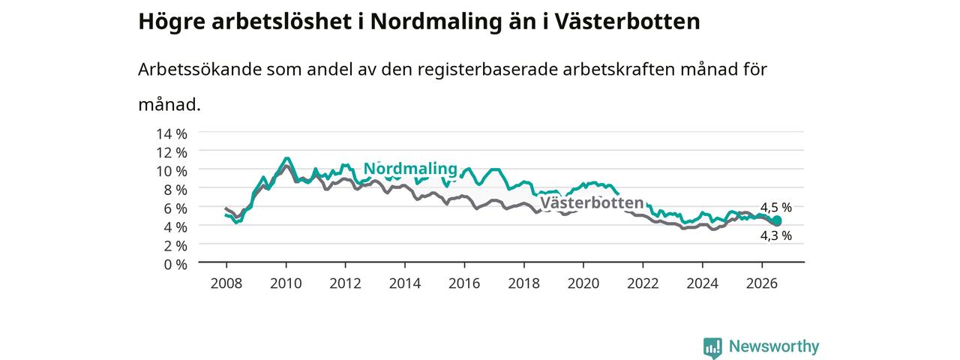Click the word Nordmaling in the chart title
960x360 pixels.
click(436, 21)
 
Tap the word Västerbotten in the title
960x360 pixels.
click(628, 21)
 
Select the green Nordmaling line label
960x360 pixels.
click(410, 169)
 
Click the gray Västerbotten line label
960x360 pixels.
click(592, 202)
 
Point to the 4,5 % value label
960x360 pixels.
click(776, 208)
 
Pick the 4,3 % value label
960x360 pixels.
click(776, 235)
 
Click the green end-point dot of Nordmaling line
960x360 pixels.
click(776, 220)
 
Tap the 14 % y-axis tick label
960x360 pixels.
click(172, 134)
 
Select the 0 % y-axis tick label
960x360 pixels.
click(175, 265)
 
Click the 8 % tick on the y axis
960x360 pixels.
click(175, 190)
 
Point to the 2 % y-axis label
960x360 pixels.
click(175, 246)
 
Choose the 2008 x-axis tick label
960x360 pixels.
click(226, 283)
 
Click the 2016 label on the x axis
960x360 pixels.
click(464, 283)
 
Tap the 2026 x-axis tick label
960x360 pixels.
click(761, 283)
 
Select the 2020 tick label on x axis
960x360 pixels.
click(583, 283)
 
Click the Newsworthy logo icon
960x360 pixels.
click(712, 346)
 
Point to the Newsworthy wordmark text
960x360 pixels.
click(774, 346)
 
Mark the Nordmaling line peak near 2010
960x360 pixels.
click(286, 158)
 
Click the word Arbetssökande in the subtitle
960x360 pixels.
click(199, 69)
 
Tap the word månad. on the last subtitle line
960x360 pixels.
click(169, 104)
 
